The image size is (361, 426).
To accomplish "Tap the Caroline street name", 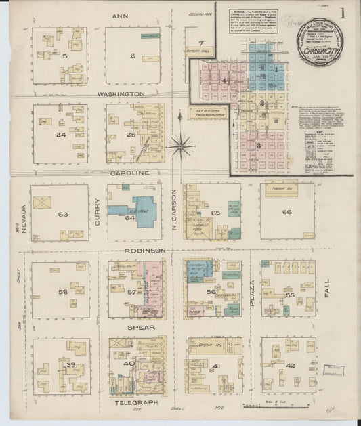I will [129, 173].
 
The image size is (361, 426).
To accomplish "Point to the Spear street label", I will [142, 328].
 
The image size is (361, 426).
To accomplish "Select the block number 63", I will [64, 215].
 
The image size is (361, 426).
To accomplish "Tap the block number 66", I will [286, 213].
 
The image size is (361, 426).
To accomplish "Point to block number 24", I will [61, 134].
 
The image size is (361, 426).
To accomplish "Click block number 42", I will [291, 366].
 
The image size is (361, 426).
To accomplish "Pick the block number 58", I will [63, 292].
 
